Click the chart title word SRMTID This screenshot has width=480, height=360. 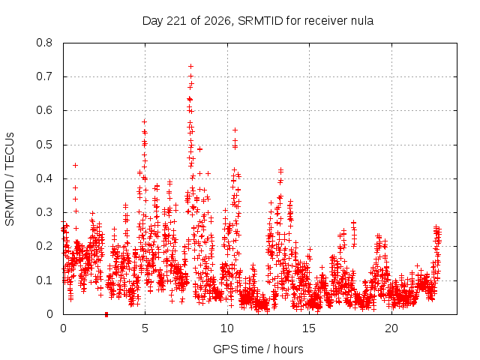(x=260, y=21)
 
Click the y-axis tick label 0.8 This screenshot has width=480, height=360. (x=44, y=43)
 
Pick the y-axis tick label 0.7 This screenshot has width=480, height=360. (x=44, y=76)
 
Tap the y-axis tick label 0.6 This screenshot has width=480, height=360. (x=44, y=110)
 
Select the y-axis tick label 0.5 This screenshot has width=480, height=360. (x=44, y=145)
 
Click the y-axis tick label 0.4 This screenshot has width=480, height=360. (x=44, y=178)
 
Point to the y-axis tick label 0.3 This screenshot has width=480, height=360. (x=44, y=212)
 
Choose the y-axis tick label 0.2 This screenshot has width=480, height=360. (x=44, y=246)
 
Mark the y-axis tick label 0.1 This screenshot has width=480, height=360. (x=44, y=280)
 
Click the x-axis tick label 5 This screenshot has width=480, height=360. (x=145, y=328)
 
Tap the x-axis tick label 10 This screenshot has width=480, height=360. (x=226, y=328)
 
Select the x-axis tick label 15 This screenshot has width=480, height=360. (x=309, y=328)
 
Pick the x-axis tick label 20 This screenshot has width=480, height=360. (x=391, y=328)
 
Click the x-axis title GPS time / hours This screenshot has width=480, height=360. (x=258, y=349)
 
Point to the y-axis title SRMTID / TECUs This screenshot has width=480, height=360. (x=10, y=179)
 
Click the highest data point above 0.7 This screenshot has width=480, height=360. (x=190, y=67)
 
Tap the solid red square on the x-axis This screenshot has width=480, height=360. (x=106, y=314)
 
